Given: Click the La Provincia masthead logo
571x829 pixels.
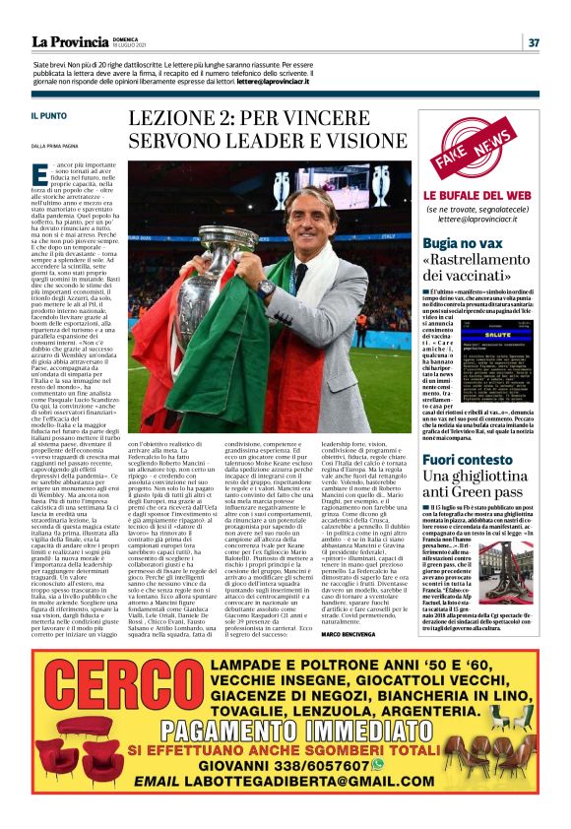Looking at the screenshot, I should pyautogui.click(x=68, y=41).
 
